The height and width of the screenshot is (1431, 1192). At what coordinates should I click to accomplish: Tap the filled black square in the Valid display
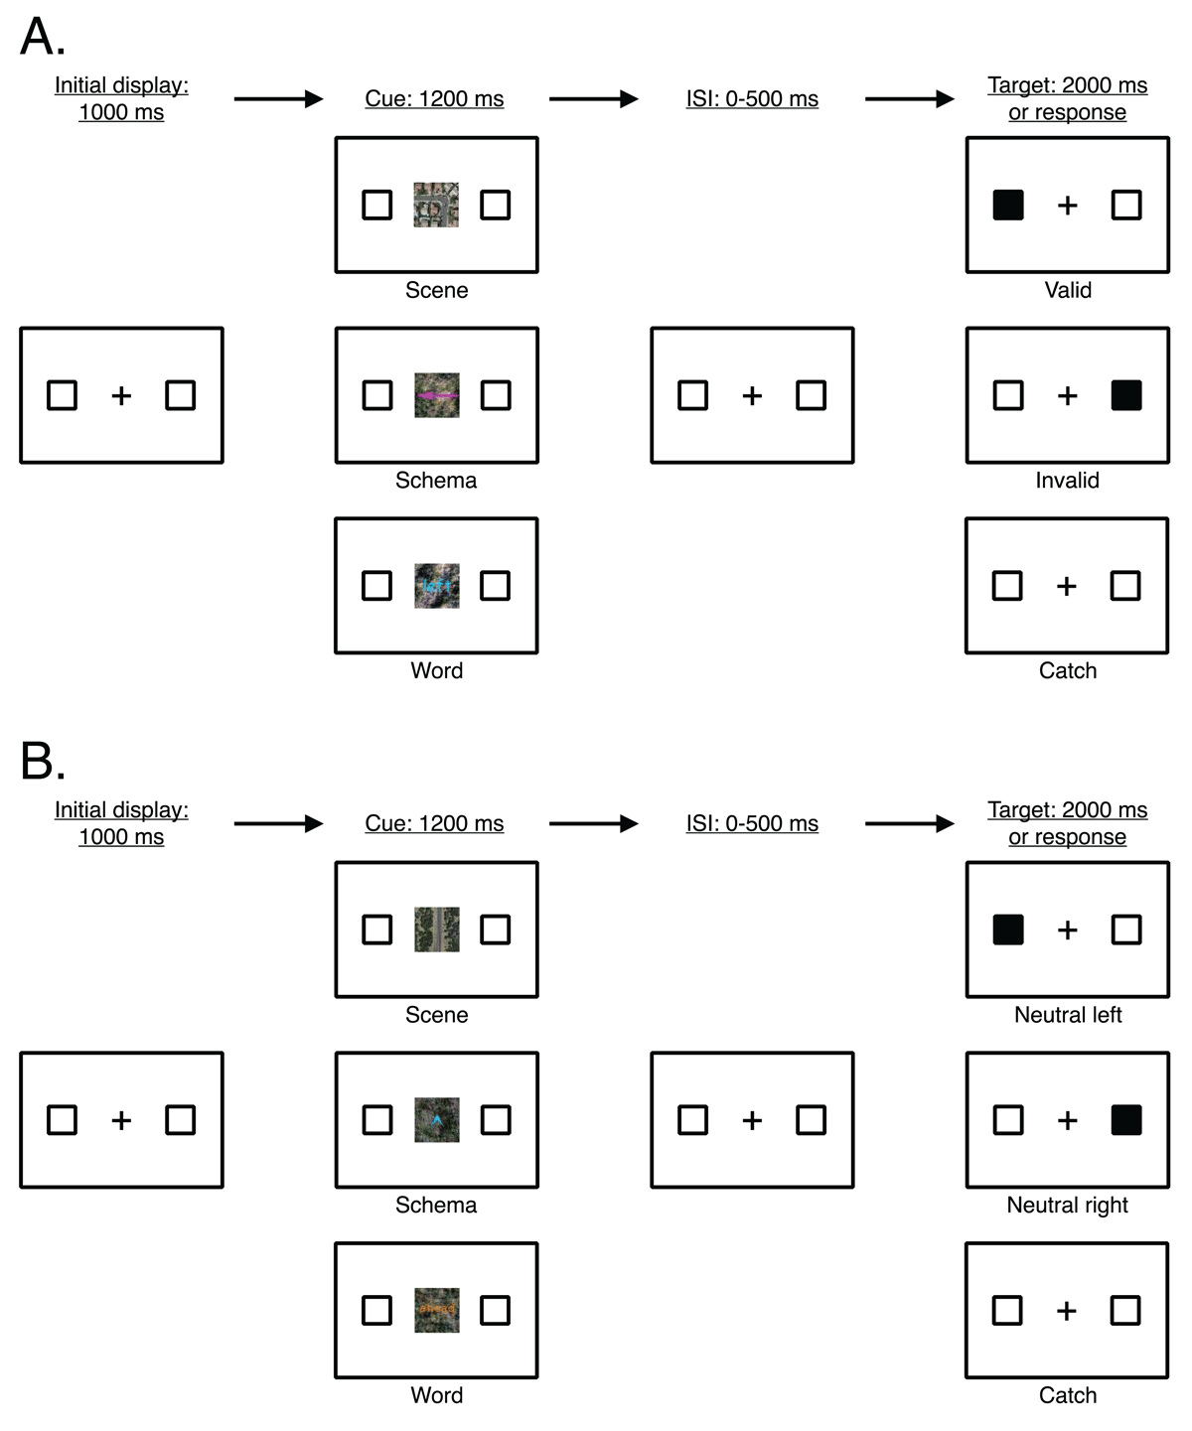point(1008,206)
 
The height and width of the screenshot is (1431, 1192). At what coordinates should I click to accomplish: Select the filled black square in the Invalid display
point(1126,395)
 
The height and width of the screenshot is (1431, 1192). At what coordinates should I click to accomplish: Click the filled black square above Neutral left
point(1008,930)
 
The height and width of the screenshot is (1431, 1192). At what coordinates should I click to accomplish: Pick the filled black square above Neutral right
point(1126,1120)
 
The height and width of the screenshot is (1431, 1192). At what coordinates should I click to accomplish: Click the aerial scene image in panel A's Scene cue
point(436,206)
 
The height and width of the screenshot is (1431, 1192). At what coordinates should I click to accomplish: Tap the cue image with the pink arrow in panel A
point(436,395)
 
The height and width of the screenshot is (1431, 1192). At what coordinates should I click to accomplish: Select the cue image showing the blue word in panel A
point(436,586)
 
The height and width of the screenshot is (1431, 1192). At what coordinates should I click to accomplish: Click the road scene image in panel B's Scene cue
point(436,930)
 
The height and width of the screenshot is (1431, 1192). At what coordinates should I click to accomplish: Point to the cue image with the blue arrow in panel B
point(436,1120)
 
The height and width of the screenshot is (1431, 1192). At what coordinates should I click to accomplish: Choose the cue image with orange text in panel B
point(436,1310)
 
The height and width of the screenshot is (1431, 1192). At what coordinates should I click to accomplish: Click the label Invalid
point(1067,481)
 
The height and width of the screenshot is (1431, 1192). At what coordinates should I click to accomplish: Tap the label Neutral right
point(1067,1205)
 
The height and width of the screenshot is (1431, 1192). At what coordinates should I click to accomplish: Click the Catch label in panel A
point(1067,671)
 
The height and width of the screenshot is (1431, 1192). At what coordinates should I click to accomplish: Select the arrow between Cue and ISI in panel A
point(593,99)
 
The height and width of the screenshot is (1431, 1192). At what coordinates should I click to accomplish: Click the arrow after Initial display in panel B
point(278,823)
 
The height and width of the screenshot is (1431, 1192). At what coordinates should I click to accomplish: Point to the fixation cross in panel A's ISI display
point(752,395)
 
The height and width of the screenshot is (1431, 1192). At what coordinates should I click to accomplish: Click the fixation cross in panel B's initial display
point(121,1120)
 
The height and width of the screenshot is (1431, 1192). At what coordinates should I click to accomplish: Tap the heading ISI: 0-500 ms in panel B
point(752,823)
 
